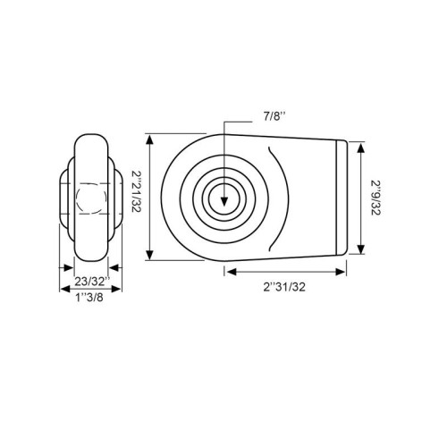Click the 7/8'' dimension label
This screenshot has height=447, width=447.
click(x=274, y=116)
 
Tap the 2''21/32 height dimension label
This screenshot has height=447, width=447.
click(x=137, y=191)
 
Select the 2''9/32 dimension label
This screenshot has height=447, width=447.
click(x=375, y=198)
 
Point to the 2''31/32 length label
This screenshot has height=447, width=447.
click(x=284, y=287)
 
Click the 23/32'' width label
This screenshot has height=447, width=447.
click(x=92, y=282)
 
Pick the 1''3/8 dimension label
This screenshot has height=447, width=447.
click(x=89, y=297)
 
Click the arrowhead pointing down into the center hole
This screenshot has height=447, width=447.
click(x=224, y=202)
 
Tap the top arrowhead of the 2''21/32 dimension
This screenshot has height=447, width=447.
click(x=150, y=139)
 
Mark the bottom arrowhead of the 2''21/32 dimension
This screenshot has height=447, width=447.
click(x=150, y=255)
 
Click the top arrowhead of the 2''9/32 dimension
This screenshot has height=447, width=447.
click(x=361, y=148)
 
